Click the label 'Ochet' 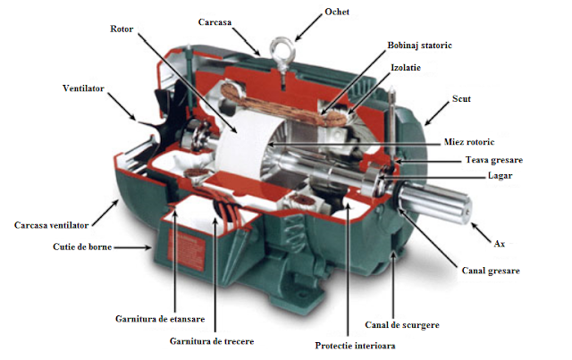coord(337,12)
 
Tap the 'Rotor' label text coord(122,29)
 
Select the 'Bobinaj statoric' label coord(419,46)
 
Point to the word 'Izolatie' coord(406,68)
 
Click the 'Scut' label coord(461,98)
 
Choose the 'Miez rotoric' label coord(469,141)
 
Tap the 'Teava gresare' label coord(494,160)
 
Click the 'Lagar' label coord(500,175)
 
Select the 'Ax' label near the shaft coord(499,243)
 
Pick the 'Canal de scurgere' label coord(402,324)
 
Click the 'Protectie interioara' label coord(355,346)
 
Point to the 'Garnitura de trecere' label coord(212,341)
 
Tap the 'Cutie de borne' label coord(82,247)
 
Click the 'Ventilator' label coord(83,88)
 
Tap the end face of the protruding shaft coord(467,211)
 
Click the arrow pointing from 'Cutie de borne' coord(132,247)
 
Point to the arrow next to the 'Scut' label coord(437,113)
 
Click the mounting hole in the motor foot coord(302,295)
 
